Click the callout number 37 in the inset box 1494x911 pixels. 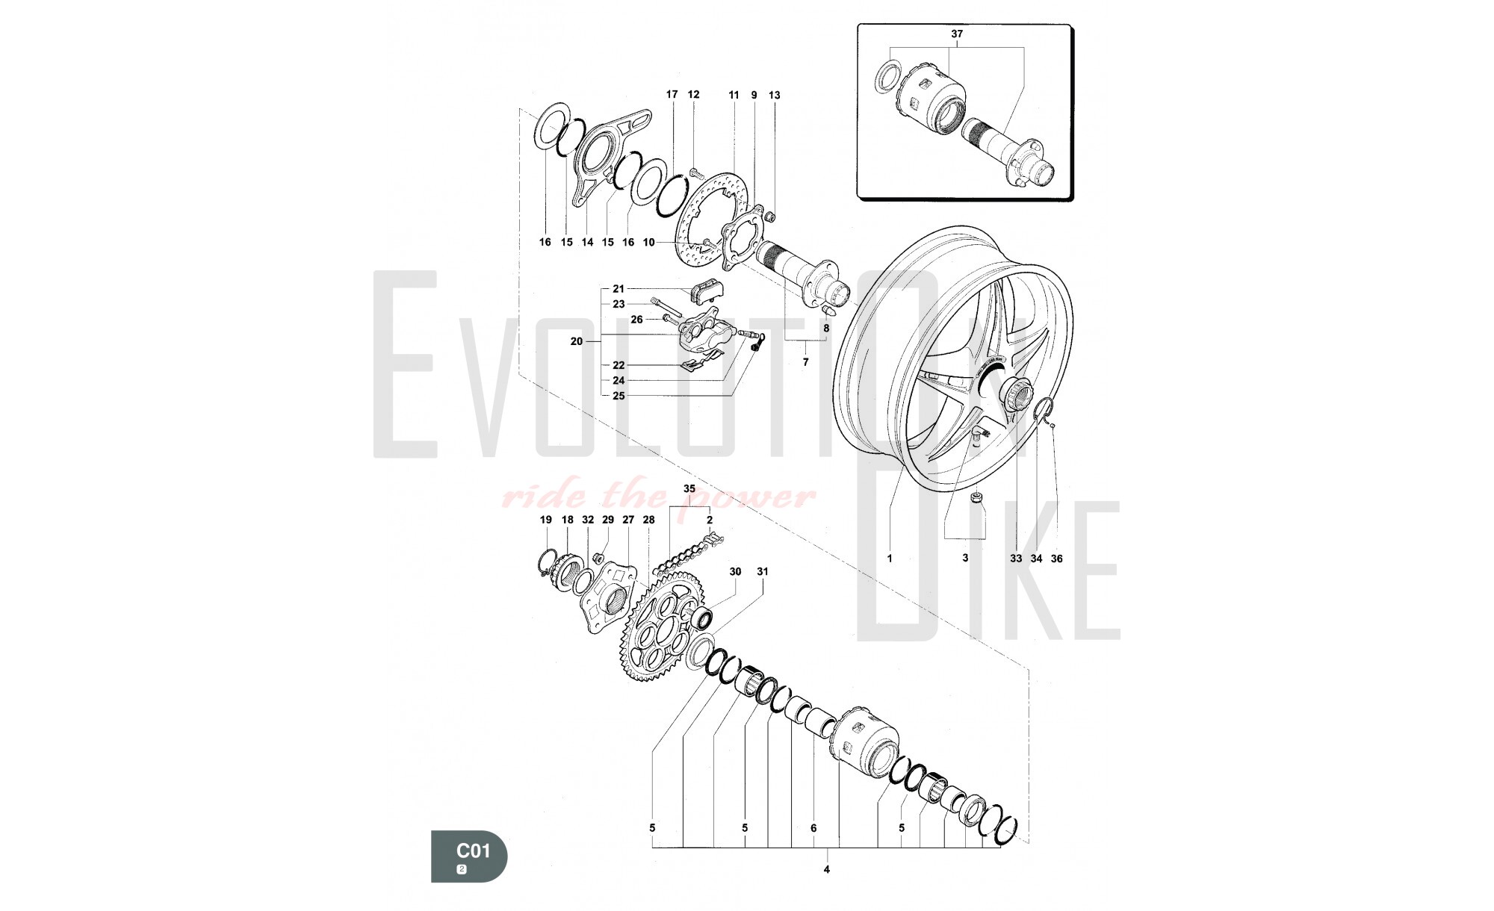click(957, 34)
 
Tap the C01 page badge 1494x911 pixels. click(469, 856)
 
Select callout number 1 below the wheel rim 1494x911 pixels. click(890, 558)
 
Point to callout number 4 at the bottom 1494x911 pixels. click(826, 868)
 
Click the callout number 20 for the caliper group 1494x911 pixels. click(576, 341)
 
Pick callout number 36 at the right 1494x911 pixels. click(1056, 559)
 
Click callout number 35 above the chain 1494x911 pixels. click(689, 488)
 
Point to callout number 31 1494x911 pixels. click(762, 571)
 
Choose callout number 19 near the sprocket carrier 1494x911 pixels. click(545, 520)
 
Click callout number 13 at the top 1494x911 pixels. click(774, 95)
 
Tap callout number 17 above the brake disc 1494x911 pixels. click(672, 94)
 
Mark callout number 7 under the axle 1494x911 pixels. click(805, 362)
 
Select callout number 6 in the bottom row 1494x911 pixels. click(813, 827)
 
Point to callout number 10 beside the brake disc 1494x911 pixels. click(648, 242)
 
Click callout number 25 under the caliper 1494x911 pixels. click(619, 396)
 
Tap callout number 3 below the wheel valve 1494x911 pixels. click(964, 558)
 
